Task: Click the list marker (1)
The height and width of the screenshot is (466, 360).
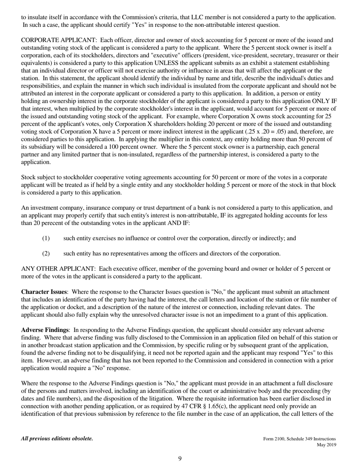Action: [45, 238]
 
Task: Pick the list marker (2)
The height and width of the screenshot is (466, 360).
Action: [45, 253]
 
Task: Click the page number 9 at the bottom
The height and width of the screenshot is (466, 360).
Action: [180, 459]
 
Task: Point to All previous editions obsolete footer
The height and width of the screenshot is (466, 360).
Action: [57, 439]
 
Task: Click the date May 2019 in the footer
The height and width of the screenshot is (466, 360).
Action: [326, 445]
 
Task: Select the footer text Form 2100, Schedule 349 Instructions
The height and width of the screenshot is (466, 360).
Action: [299, 439]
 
